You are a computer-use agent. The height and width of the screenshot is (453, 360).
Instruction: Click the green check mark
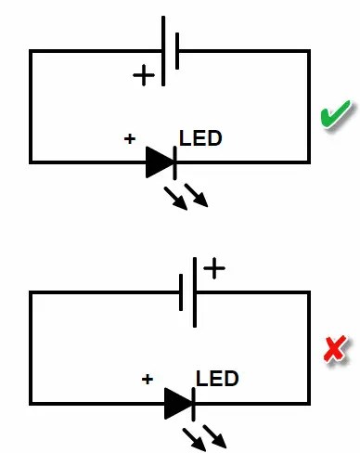point(333,119)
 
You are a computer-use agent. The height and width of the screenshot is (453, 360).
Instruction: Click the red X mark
point(334,349)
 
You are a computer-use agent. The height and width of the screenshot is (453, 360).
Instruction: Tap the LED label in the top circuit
point(200,139)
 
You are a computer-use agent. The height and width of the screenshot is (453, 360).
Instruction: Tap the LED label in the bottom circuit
point(217,379)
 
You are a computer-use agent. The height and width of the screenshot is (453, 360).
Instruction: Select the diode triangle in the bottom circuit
point(177,403)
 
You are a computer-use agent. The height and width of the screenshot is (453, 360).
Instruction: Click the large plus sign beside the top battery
point(144,75)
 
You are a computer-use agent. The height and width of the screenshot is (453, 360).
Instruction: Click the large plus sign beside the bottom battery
point(214,269)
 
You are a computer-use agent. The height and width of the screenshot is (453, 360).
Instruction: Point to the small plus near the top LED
point(130,139)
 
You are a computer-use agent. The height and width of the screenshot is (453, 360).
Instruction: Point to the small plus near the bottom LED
point(147,379)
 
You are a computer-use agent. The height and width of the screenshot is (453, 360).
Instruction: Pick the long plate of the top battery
point(163,51)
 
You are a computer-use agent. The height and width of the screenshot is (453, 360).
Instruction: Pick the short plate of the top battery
point(176,51)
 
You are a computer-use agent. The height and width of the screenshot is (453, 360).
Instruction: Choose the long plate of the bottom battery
point(195,291)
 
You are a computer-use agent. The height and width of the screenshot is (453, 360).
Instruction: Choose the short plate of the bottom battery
point(182,291)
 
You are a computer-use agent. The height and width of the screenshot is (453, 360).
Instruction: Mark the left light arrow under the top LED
point(174,198)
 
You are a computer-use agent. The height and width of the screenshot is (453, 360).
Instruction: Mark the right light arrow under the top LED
point(197,195)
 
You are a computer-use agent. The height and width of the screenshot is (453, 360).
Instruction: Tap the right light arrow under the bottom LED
point(214,435)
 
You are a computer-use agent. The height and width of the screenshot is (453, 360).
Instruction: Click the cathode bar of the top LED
point(174,162)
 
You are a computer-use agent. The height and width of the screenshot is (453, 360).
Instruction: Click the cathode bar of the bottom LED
point(192,403)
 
